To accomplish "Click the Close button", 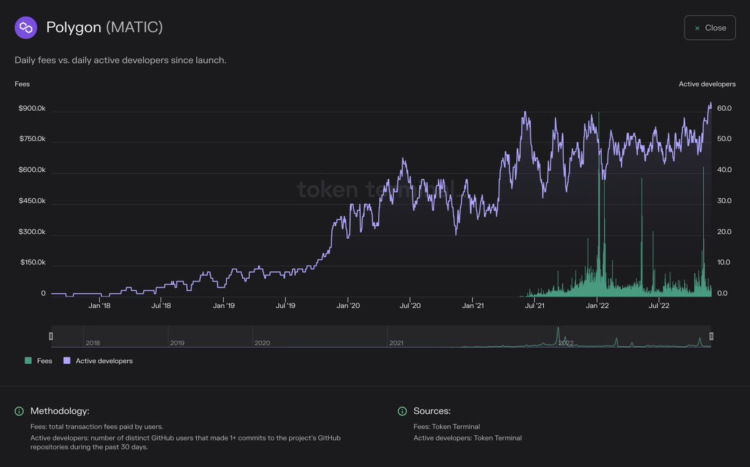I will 710,28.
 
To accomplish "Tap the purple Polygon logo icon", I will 26,28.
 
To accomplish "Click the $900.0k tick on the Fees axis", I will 32,108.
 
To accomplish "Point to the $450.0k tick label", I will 32,201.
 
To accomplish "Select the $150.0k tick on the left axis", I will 32,263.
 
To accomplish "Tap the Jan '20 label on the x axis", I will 347,306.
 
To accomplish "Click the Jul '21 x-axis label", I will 534,306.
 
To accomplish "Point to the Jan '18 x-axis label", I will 99,306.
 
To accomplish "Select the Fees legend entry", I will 39,361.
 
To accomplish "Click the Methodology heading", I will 60,411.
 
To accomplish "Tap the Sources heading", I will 432,411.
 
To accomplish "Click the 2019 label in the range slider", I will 177,343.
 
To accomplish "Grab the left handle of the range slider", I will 51,336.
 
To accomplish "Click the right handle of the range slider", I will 711,336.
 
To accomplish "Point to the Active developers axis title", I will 707,84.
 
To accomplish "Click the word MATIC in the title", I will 134,28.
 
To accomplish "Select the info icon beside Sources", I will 402,411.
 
